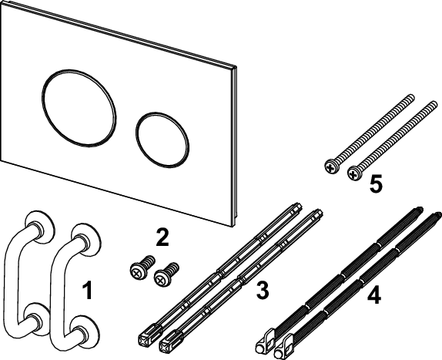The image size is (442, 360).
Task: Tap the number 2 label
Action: [x=162, y=237]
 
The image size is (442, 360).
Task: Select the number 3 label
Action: [x=263, y=290]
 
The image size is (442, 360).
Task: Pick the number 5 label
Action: [x=376, y=183]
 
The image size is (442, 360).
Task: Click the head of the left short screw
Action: [x=137, y=271]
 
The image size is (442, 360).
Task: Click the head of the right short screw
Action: [x=162, y=278]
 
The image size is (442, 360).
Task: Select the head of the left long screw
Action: [x=332, y=167]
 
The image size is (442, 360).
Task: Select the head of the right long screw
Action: [x=355, y=173]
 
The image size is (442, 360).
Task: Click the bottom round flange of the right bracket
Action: [x=84, y=331]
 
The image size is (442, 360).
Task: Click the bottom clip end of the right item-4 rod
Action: [x=284, y=345]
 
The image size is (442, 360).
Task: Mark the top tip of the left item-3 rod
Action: [x=300, y=204]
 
